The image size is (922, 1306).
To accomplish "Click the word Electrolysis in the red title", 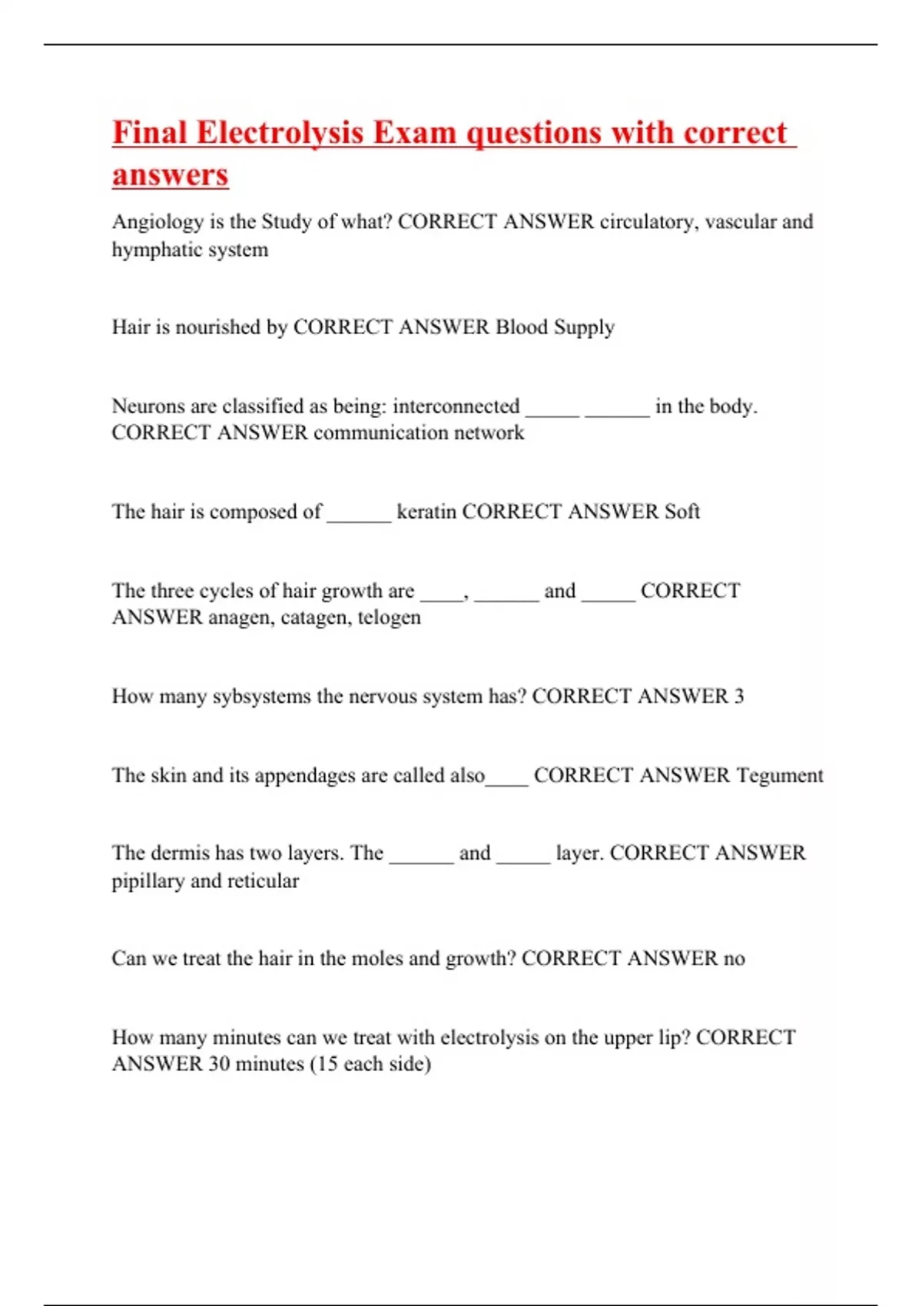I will [280, 133].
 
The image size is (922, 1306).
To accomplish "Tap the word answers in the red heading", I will [171, 175].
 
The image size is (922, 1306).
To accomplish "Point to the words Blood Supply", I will [555, 328].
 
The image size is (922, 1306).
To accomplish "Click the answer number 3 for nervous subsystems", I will [739, 697].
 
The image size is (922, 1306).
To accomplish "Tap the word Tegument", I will [779, 776].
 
